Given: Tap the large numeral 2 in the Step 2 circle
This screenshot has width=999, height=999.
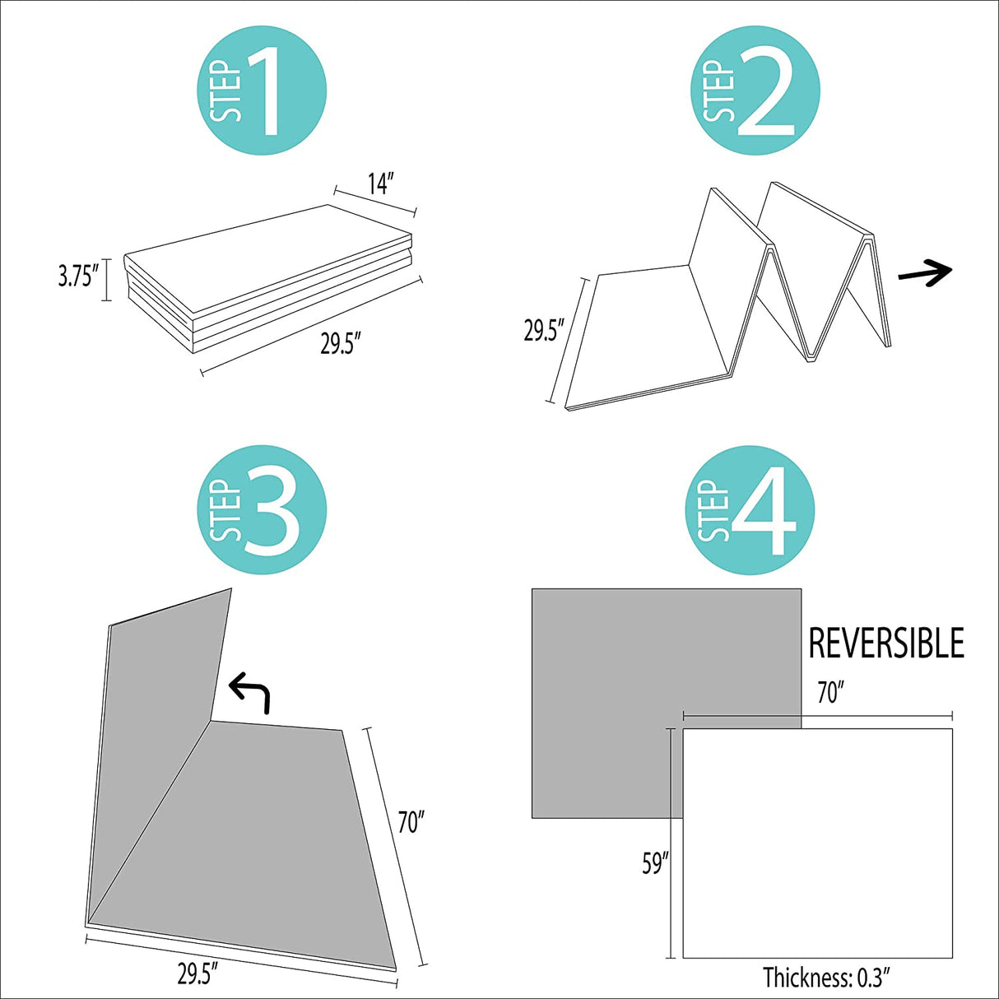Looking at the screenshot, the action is (766, 93).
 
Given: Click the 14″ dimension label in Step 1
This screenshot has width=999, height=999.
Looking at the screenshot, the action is (381, 184).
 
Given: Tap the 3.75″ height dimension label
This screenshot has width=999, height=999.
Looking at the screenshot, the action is (78, 277).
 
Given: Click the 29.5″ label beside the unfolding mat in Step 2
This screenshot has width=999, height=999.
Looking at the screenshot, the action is (543, 330).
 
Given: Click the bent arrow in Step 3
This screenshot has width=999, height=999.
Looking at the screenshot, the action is (250, 693).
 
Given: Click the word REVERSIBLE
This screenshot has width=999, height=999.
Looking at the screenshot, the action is (886, 643).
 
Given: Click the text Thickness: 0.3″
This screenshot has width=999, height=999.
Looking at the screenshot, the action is (829, 978).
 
